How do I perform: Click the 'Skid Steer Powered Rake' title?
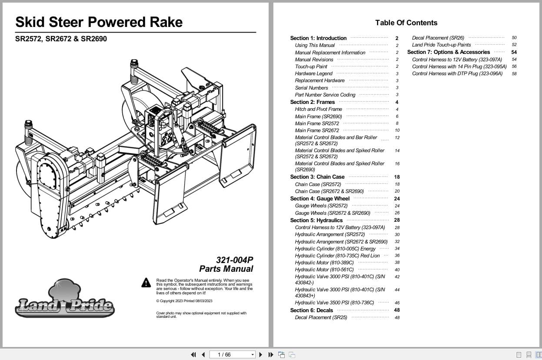click(99, 22)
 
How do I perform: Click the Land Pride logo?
click(65, 298)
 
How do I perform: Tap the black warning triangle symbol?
click(146, 283)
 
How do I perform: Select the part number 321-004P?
click(234, 260)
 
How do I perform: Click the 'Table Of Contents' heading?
click(406, 23)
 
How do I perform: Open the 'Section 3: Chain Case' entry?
click(317, 177)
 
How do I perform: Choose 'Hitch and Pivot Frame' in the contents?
click(319, 109)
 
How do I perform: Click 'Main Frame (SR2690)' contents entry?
click(319, 117)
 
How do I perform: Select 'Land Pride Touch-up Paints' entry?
click(441, 45)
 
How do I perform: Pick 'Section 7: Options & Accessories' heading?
click(449, 52)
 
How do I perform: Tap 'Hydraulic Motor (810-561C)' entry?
click(324, 270)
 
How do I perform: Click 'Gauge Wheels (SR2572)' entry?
click(321, 206)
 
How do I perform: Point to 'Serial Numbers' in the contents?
click(311, 88)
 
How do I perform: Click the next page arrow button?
click(261, 355)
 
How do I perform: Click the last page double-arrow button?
click(271, 355)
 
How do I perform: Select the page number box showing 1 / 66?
click(232, 355)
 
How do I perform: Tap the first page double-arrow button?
click(193, 355)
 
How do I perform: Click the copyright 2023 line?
click(184, 301)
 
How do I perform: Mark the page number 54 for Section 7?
click(514, 52)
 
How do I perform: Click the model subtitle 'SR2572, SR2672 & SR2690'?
click(61, 39)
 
